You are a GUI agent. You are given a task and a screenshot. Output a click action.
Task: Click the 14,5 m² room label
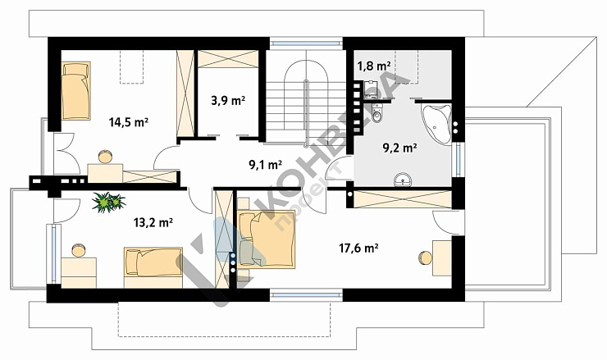point(129,122)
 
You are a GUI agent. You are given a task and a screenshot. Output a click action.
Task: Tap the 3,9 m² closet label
point(228,101)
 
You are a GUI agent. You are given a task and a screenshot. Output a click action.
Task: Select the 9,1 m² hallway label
point(265,165)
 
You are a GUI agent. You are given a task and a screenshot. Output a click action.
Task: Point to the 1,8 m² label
point(373,66)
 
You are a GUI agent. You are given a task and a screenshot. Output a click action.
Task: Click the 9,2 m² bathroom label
point(400,148)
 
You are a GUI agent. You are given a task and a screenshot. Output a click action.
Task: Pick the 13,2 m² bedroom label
point(153,222)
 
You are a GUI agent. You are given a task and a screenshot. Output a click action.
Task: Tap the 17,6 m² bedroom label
point(358,248)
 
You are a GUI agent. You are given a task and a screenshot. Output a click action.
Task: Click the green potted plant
point(109,202)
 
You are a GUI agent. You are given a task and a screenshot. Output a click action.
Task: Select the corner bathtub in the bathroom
point(436,123)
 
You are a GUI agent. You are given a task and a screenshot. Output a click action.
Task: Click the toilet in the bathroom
point(377,112)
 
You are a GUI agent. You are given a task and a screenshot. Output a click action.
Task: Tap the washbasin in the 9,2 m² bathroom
point(403,180)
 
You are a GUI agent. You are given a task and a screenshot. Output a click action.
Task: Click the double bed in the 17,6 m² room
point(267,239)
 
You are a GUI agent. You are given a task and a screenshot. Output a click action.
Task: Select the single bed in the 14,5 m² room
point(75,90)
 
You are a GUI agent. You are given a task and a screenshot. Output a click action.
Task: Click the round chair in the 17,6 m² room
point(425,258)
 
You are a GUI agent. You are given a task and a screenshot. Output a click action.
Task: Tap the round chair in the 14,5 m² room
point(105,157)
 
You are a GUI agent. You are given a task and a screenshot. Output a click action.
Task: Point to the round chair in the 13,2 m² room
point(79,250)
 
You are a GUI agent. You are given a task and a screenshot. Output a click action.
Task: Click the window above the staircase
point(306,43)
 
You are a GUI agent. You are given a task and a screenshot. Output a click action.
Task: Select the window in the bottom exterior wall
point(306,295)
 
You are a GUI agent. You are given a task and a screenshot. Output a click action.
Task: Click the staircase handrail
point(306,114)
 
